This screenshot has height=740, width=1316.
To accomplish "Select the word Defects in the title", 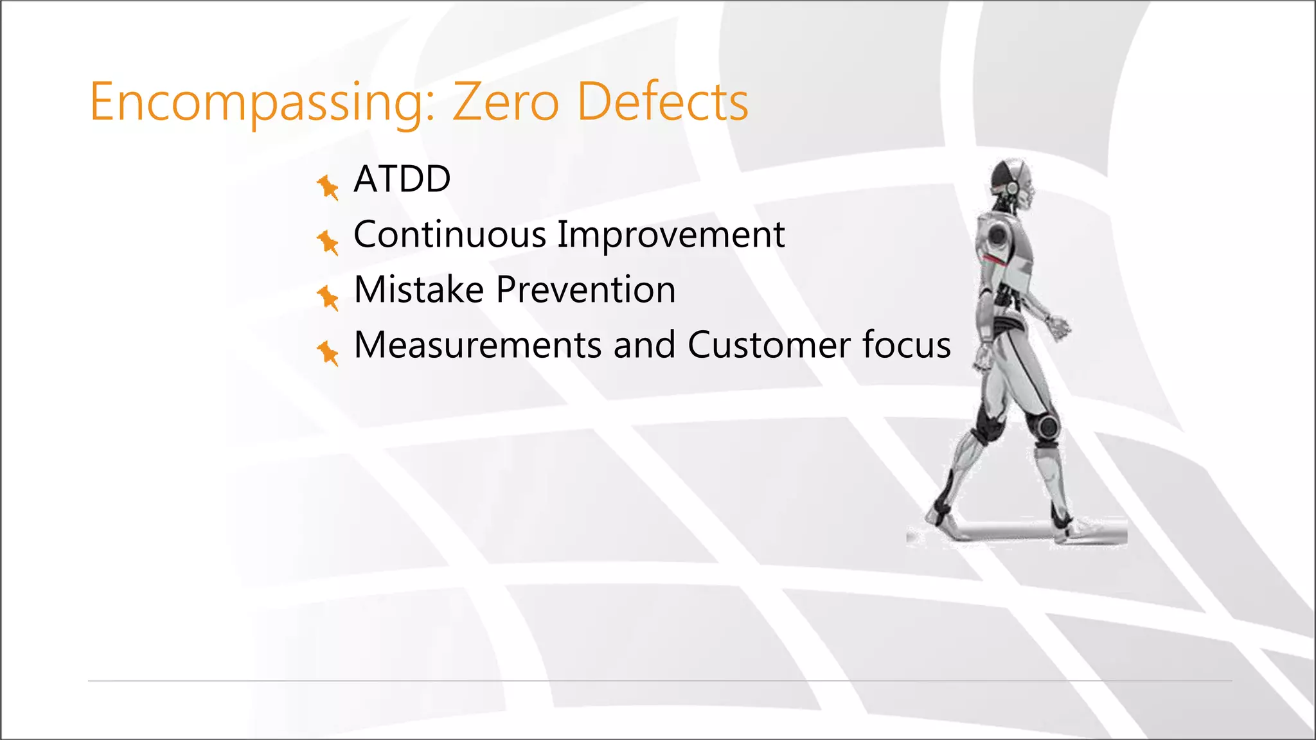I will click(x=662, y=103).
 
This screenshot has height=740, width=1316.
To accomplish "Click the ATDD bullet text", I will click(x=402, y=179).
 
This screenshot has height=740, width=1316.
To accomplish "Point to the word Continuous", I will click(x=449, y=234).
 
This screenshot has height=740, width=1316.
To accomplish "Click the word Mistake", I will click(x=419, y=290).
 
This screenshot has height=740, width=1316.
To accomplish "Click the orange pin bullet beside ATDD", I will click(x=328, y=187).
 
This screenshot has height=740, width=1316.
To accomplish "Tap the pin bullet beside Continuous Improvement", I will click(x=328, y=242).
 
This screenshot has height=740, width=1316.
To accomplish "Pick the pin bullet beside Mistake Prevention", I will click(x=328, y=297).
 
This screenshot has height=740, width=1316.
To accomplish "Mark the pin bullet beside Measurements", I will click(x=328, y=353).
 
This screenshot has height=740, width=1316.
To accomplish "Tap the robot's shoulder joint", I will click(x=998, y=235).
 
